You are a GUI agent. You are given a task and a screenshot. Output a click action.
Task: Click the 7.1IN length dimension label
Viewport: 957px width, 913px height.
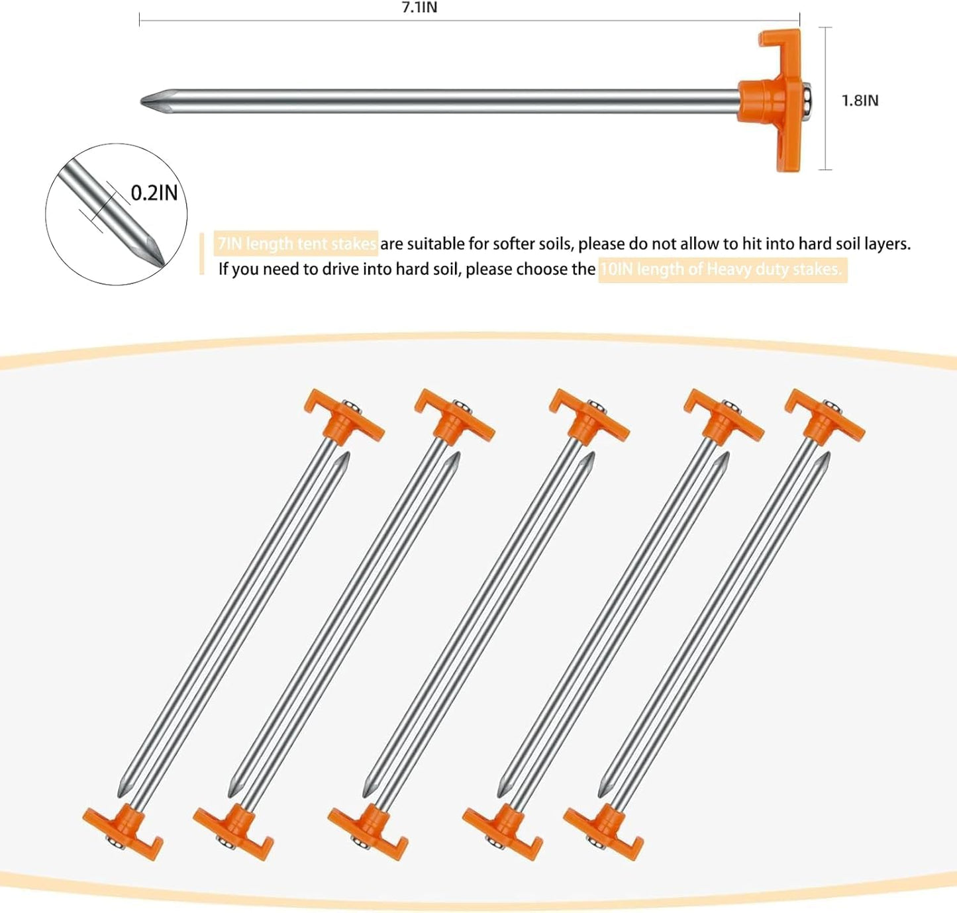tap(419, 7)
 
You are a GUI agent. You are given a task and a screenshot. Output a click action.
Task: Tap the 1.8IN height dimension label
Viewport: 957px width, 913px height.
tap(860, 101)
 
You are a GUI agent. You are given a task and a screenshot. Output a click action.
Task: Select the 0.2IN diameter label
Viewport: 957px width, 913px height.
tap(154, 193)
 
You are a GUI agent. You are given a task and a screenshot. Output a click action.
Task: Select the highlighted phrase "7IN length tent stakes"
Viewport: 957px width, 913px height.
tap(297, 244)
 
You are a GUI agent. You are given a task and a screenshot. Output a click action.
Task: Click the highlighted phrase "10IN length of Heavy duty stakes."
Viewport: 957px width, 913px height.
tap(721, 269)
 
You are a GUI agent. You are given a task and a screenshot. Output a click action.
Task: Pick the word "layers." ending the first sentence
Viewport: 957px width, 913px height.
tap(887, 244)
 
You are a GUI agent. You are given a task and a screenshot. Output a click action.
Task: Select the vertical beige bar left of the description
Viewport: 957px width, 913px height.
tap(202, 254)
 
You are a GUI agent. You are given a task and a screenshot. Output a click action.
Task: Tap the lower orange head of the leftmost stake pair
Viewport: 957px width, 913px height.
tap(123, 830)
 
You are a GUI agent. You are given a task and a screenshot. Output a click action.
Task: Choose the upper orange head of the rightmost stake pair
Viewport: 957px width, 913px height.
tap(825, 417)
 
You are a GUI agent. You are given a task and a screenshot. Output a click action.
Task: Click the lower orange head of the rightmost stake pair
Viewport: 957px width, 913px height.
tap(604, 830)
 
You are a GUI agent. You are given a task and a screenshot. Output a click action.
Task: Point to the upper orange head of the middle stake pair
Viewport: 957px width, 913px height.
tap(589, 418)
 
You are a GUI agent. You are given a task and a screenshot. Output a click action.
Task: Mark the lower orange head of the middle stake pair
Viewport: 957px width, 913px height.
tap(368, 830)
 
